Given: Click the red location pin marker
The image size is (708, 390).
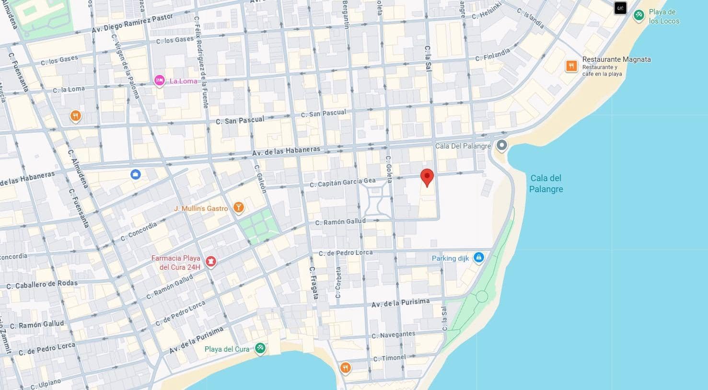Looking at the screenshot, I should point(427,177).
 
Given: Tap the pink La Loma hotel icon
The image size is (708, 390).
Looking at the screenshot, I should point(160,80).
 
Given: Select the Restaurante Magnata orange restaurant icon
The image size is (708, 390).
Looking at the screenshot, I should point(571,66).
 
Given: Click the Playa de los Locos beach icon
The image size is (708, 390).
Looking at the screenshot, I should point(638,16).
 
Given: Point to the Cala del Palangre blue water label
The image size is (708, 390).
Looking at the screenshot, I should point(546,184).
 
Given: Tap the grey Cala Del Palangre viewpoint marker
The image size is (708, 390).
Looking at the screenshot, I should point(501,145).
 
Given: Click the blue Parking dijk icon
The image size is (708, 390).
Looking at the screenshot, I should point(478,258).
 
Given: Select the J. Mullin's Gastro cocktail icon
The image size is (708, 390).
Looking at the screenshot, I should point(238,207).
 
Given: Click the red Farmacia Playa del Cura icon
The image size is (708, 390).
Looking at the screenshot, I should point(210,261).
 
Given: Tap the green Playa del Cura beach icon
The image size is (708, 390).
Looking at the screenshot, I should point(260,348).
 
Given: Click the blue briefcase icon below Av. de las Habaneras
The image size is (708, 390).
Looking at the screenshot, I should point(136,174).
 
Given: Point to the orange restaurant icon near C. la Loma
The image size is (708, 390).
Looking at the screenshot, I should point(75,115).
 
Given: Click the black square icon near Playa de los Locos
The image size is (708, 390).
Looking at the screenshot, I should point(620,8).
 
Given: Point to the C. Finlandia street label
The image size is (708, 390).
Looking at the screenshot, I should point(493,55).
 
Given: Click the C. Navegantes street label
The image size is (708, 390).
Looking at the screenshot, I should point(393,334).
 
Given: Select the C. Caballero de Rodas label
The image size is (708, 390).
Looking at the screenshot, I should point(42,284).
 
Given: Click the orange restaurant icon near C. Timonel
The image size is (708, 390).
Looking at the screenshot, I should point(345,368).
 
